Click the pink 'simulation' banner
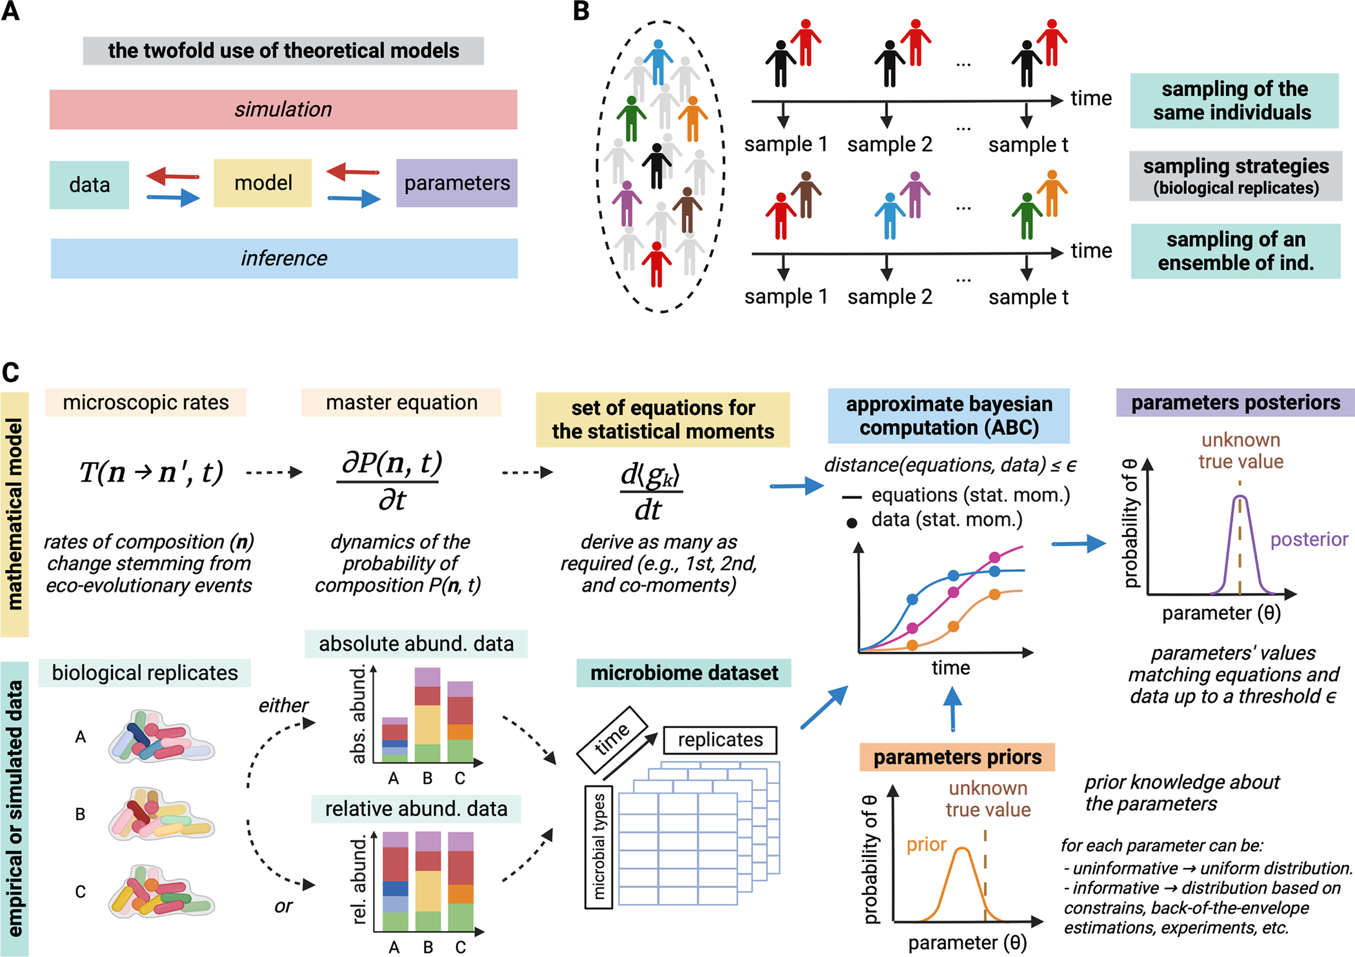click(x=283, y=110)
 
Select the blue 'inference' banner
click(x=284, y=259)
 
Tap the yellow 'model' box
click(x=263, y=183)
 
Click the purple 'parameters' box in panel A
click(x=457, y=183)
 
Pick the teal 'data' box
click(x=89, y=185)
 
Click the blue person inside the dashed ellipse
click(x=658, y=61)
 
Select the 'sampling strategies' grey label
click(x=1236, y=176)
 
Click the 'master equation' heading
click(x=401, y=403)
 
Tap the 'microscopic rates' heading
click(x=146, y=403)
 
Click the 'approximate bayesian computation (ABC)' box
click(x=949, y=416)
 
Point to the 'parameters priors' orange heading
click(x=957, y=757)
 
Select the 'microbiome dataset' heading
click(x=684, y=673)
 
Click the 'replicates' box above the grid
click(x=720, y=740)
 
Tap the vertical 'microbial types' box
click(x=599, y=847)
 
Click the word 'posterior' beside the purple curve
click(x=1309, y=539)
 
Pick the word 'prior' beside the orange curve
click(x=926, y=845)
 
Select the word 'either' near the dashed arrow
click(x=283, y=705)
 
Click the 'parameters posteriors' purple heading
click(x=1235, y=403)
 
